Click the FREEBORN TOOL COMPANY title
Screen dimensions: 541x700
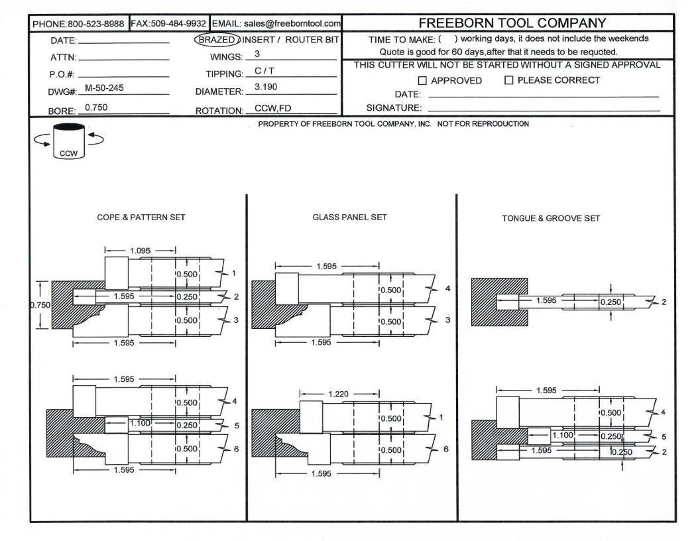click(x=512, y=24)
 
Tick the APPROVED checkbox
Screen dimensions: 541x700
click(x=422, y=81)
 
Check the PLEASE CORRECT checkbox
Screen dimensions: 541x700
click(x=509, y=81)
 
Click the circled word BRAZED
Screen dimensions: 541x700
click(x=215, y=40)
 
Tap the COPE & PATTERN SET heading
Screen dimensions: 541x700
click(x=141, y=217)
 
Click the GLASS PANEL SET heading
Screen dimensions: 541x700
click(x=349, y=217)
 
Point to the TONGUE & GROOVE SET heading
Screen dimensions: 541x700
click(x=550, y=218)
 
